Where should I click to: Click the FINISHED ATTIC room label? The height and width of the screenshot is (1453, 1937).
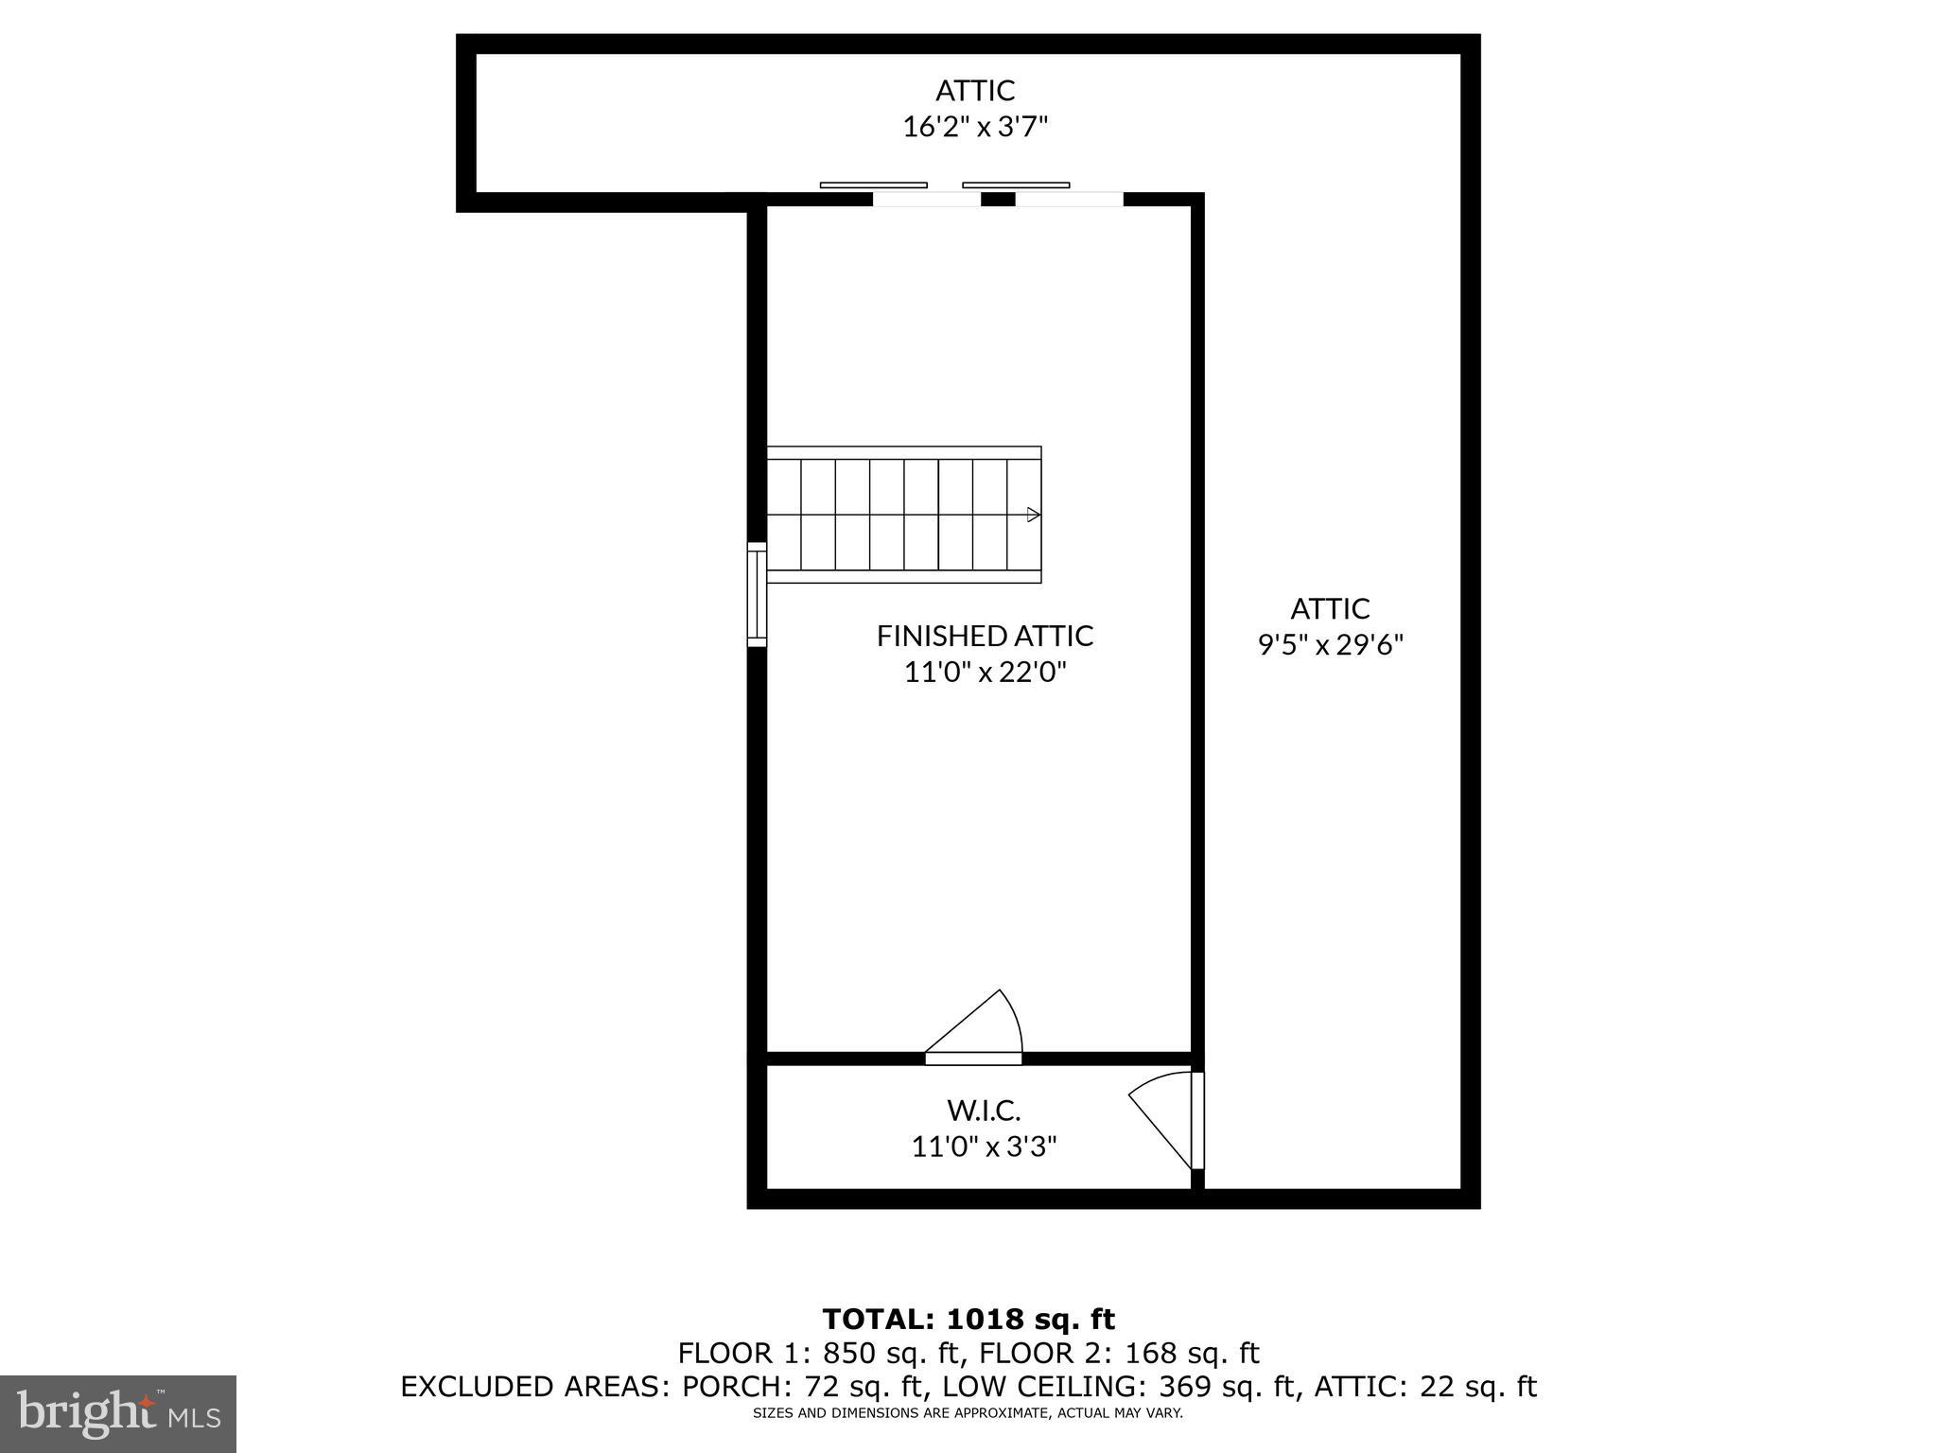pos(985,636)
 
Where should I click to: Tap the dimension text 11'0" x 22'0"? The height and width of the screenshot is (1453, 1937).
pos(985,673)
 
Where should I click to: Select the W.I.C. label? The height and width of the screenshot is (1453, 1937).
pos(984,1110)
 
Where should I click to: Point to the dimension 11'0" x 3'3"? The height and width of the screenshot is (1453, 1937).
pos(984,1147)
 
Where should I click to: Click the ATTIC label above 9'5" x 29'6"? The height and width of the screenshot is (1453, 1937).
pos(1330,608)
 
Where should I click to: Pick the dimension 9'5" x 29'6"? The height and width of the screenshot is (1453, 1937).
pos(1330,645)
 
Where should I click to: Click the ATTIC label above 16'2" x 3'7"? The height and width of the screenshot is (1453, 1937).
pos(975,91)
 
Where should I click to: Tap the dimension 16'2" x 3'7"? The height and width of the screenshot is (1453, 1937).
pos(975,127)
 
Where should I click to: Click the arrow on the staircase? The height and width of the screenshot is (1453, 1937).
pos(1034,515)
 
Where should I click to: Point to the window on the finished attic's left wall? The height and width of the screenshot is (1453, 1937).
pos(757,594)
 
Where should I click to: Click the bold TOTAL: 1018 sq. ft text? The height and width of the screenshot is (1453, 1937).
pos(968,1320)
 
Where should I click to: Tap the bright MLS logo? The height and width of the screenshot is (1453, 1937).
pos(118,1414)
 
